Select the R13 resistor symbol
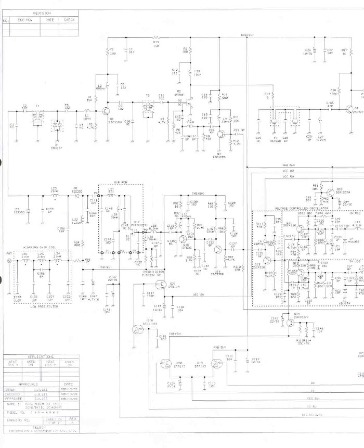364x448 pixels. coord(156,38)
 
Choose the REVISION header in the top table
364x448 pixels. coord(41,12)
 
